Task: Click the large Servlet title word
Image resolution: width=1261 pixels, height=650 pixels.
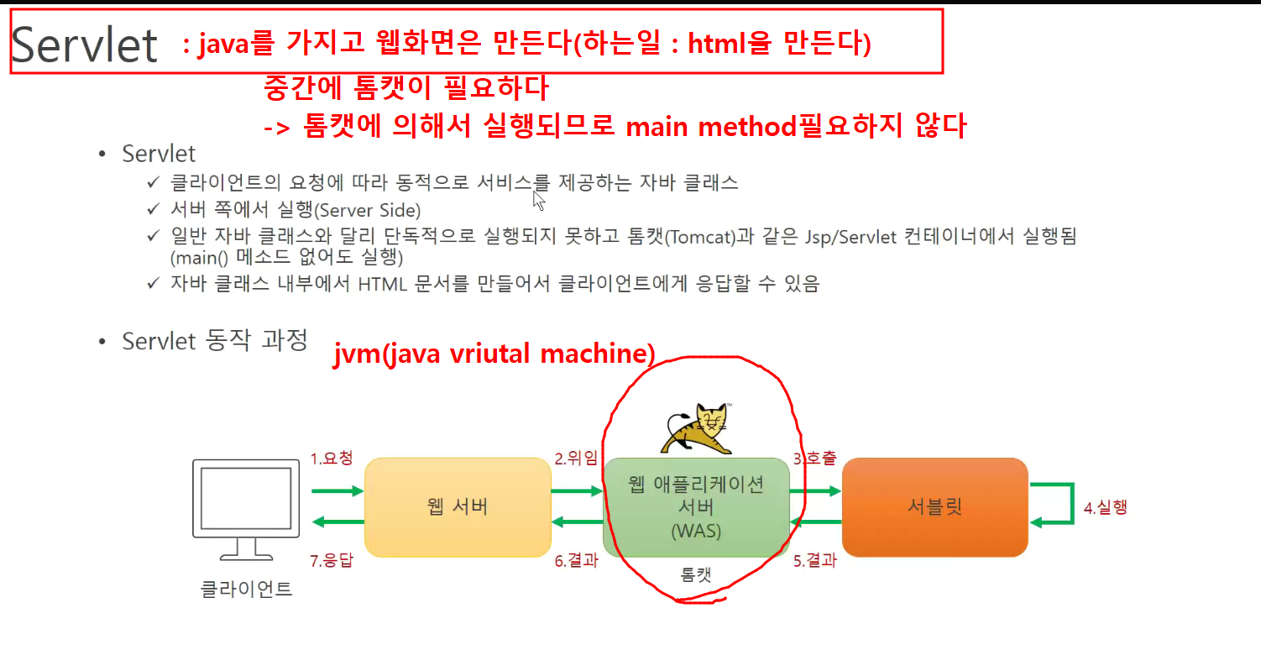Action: [84, 45]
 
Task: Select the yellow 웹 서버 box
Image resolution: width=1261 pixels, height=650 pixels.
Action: [458, 507]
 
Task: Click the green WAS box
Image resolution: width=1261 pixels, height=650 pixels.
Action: [696, 507]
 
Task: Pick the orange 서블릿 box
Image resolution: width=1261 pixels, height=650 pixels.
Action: [935, 507]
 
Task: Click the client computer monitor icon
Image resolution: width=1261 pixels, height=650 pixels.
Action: [246, 509]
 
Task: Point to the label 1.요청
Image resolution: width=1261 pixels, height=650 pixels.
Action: [332, 458]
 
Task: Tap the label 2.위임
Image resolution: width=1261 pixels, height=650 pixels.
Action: [576, 458]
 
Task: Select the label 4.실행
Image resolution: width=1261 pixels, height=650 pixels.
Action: [1106, 507]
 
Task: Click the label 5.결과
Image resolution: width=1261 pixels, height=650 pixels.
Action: [815, 560]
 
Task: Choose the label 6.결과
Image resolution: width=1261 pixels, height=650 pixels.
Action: [577, 560]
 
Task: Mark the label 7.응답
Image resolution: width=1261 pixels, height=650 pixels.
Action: [332, 560]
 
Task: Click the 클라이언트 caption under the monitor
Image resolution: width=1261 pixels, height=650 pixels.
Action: [247, 590]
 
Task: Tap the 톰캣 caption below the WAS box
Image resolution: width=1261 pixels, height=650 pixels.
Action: [696, 574]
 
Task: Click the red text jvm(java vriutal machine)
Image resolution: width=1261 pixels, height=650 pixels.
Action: [494, 354]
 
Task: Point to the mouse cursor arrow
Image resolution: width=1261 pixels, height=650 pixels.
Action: [539, 201]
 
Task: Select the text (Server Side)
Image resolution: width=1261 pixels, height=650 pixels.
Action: [367, 210]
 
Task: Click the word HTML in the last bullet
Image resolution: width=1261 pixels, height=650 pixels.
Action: [382, 284]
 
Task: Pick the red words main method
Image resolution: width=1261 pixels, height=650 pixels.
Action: [712, 127]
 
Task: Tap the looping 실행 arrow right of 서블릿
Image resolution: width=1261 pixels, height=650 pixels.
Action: [1073, 504]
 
